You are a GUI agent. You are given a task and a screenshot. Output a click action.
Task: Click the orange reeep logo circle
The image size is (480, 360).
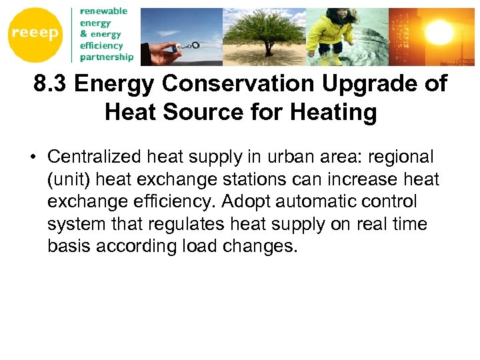pos(35,34)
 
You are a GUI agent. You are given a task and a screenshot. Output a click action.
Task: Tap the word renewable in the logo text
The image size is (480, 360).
pos(103,11)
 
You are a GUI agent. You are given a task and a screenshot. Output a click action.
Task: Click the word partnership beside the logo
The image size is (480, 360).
pos(106,57)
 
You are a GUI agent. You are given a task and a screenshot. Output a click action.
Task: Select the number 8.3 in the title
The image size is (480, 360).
pos(51,85)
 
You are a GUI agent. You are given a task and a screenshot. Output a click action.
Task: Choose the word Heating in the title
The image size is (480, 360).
pos(339,112)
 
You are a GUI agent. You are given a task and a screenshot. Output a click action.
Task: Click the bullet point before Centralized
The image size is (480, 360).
pos(33,158)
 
